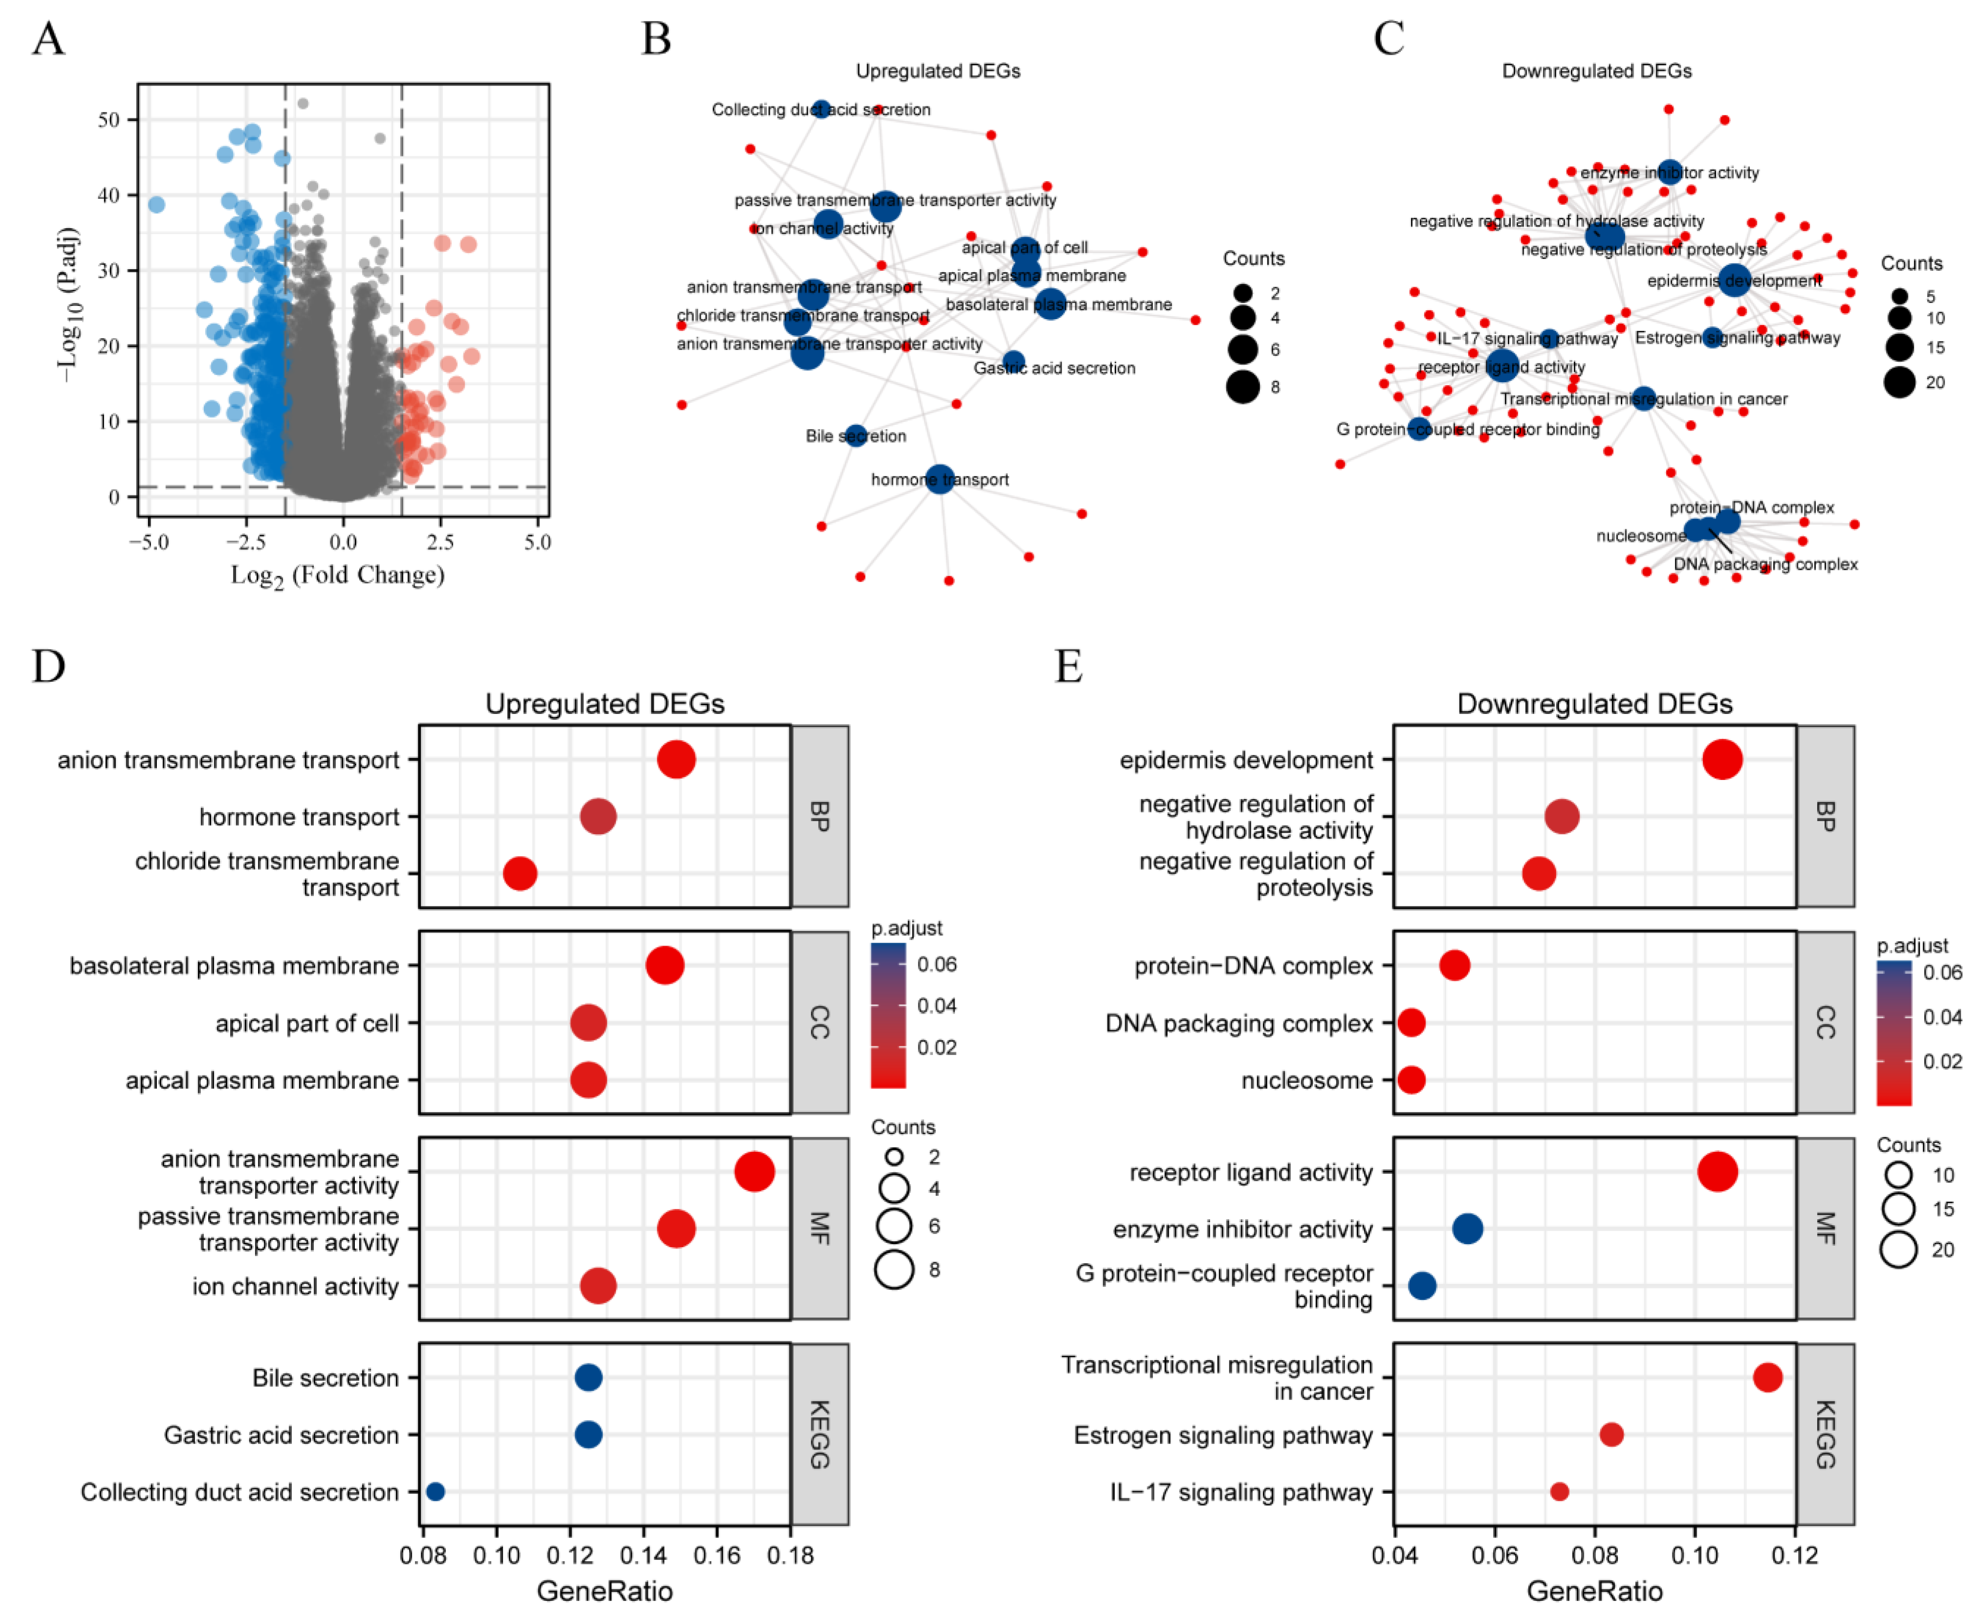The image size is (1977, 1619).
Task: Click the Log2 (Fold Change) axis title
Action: point(338,575)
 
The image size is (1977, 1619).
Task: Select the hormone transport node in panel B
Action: point(940,479)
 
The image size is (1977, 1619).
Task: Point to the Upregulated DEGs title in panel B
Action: point(938,71)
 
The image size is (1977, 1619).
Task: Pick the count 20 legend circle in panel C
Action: point(1900,382)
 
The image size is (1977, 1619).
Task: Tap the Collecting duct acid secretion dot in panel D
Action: point(435,1492)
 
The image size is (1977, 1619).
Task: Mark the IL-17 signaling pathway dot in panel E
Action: point(1559,1492)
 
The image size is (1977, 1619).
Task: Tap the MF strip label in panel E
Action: point(1825,1228)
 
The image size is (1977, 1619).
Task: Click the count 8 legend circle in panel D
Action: point(894,1269)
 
